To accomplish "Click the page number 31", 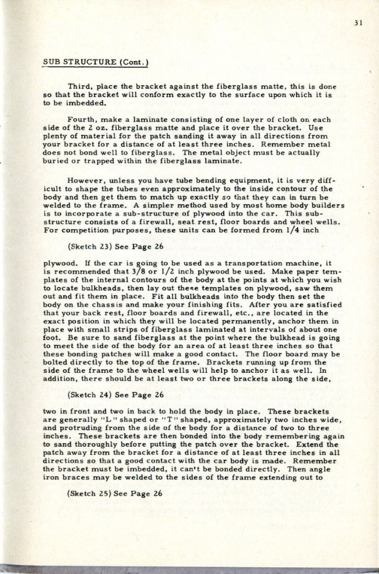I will pyautogui.click(x=360, y=24).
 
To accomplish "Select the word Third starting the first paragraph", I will pyautogui.click(x=78, y=86).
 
